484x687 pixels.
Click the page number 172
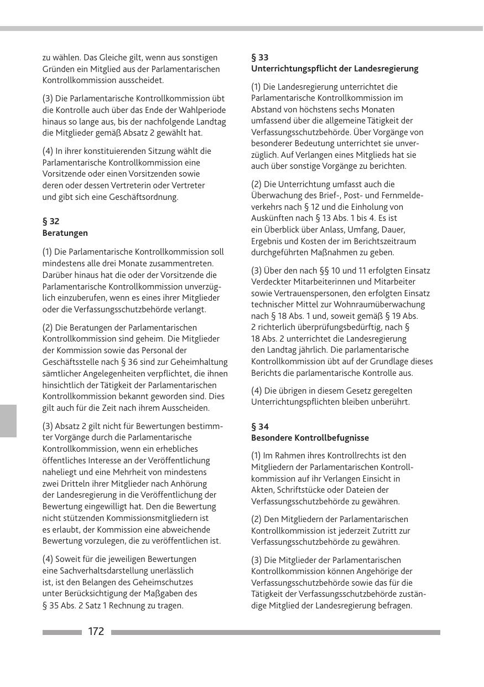point(96,632)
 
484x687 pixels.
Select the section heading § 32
point(51,221)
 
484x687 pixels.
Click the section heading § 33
point(260,58)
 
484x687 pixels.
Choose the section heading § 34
point(260,427)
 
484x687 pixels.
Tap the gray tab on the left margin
point(8,421)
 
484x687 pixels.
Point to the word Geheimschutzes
point(165,582)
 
